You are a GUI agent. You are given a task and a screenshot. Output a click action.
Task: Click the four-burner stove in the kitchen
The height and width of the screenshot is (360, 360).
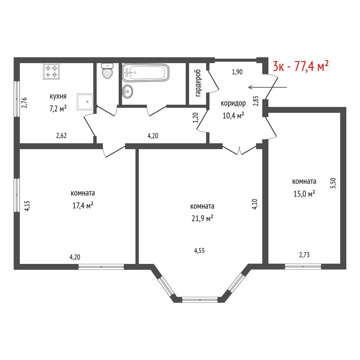(51, 71)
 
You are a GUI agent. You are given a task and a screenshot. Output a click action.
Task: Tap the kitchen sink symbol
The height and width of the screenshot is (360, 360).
(85, 102)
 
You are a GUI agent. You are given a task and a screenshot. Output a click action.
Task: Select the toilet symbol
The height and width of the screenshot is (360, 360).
(108, 71)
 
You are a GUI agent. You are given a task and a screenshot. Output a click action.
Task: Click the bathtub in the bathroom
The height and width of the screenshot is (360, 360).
(146, 73)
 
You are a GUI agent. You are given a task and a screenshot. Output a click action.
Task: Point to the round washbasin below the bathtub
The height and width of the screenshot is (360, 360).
(128, 91)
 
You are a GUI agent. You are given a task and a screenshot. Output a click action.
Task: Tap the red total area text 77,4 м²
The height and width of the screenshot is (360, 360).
(311, 66)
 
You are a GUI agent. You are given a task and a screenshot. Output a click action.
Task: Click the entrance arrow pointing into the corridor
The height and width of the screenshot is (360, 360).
(268, 87)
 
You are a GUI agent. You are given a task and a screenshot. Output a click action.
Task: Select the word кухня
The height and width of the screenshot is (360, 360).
(58, 97)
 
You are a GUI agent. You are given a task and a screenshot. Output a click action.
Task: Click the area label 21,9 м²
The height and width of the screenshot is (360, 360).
(202, 218)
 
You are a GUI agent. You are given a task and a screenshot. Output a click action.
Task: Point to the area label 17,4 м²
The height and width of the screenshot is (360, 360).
(83, 206)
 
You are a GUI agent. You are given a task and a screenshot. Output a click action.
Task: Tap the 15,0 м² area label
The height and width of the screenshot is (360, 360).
(304, 194)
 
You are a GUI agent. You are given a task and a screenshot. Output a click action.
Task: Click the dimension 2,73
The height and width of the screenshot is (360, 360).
(304, 255)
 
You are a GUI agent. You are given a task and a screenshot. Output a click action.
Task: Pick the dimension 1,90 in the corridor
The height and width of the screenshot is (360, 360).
(237, 72)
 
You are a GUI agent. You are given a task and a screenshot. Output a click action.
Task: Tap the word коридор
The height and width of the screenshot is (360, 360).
(233, 103)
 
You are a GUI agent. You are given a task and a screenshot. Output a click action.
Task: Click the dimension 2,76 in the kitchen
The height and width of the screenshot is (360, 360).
(25, 102)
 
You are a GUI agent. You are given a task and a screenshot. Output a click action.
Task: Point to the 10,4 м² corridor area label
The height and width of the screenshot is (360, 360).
(233, 115)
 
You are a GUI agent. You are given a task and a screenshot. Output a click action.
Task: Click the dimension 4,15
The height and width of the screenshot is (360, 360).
(27, 206)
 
